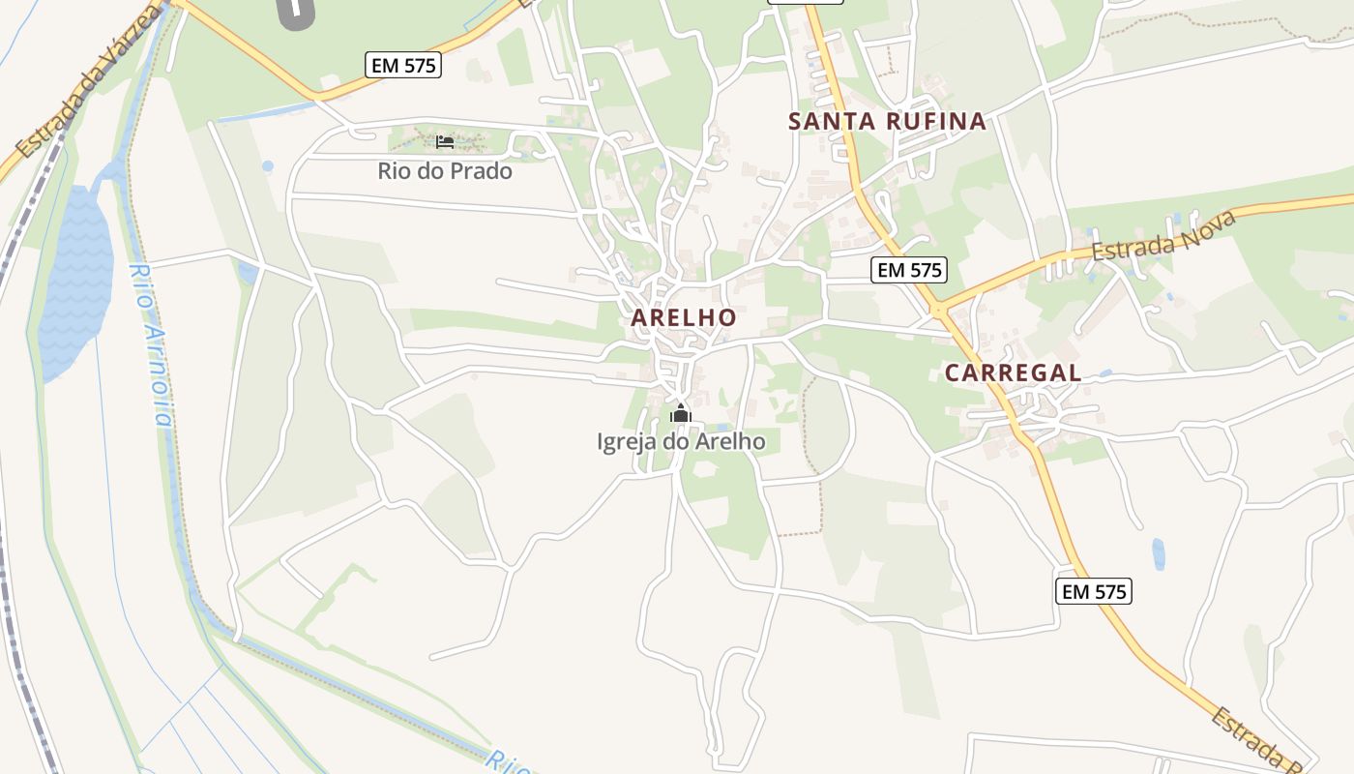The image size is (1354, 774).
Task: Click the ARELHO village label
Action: click(x=684, y=317)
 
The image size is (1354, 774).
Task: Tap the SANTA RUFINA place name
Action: click(x=887, y=121)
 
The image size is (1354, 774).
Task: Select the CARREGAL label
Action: click(x=1013, y=372)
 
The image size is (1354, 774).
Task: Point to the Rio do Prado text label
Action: click(x=445, y=171)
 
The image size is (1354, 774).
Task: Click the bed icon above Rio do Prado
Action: click(x=445, y=141)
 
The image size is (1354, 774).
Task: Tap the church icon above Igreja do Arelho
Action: click(x=681, y=414)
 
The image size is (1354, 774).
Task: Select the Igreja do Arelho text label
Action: click(x=681, y=442)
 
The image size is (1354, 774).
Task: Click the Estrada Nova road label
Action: click(x=1163, y=235)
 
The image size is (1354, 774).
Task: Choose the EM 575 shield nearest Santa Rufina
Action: click(x=908, y=270)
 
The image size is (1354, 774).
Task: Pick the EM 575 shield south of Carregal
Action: click(x=1093, y=591)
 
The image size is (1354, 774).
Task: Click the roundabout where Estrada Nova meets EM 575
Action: click(x=937, y=311)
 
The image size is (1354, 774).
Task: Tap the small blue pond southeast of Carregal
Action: click(x=1158, y=553)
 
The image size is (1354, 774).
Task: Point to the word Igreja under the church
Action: click(x=626, y=442)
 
